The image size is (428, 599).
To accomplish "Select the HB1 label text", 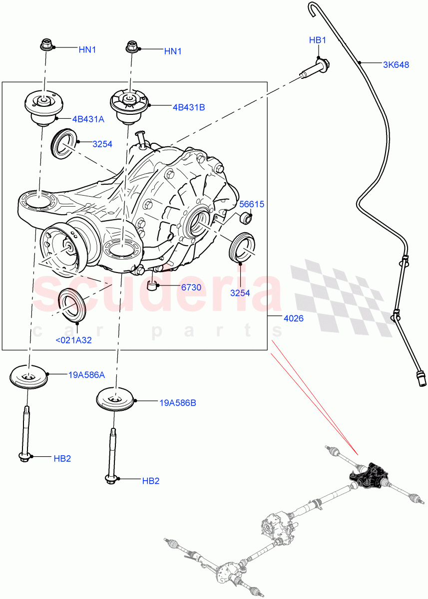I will (317, 40).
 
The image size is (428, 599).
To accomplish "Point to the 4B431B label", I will (189, 107).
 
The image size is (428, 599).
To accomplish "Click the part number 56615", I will (252, 204).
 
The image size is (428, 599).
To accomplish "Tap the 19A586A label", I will (86, 375).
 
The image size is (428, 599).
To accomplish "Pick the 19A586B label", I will (178, 402).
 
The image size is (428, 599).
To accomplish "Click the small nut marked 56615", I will (245, 218).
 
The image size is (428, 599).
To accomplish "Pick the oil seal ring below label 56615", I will (242, 247).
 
